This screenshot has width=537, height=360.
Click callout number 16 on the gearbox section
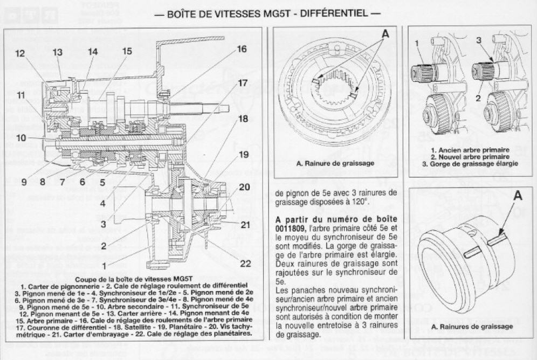point(242,50)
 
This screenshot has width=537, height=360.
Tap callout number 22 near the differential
point(246,263)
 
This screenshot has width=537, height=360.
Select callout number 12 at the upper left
point(20,53)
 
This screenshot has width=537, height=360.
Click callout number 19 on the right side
point(243,155)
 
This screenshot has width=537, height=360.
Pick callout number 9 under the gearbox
point(24,182)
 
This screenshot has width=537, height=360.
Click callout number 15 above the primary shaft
point(127,51)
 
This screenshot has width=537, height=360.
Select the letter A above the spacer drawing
point(518,196)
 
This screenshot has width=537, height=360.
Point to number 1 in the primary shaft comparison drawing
point(417,42)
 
